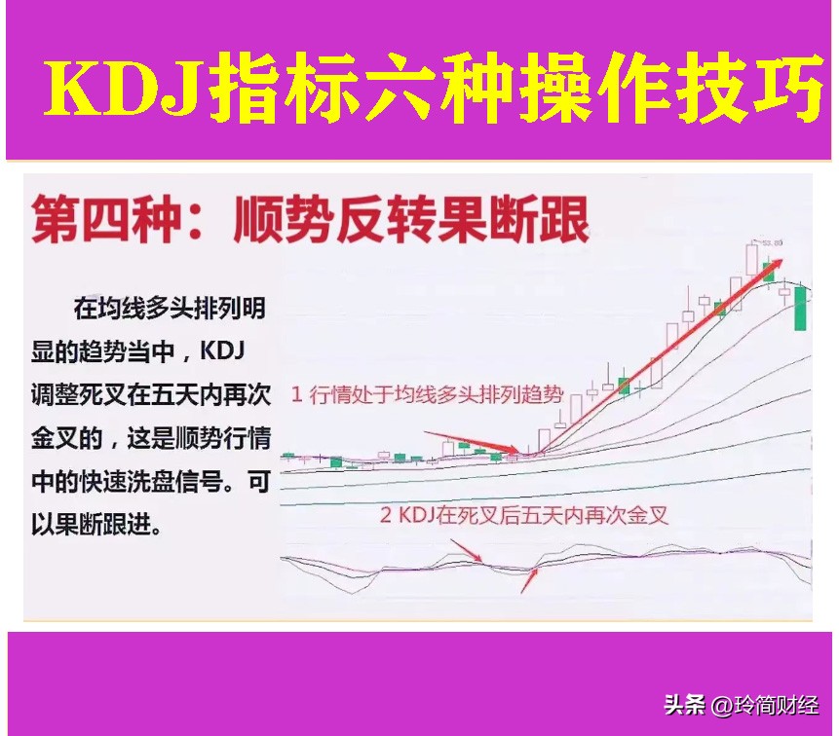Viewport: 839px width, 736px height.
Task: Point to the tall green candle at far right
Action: (801, 307)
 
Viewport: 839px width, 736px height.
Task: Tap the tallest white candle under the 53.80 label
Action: (752, 260)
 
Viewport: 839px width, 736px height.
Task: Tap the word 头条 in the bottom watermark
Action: (685, 705)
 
